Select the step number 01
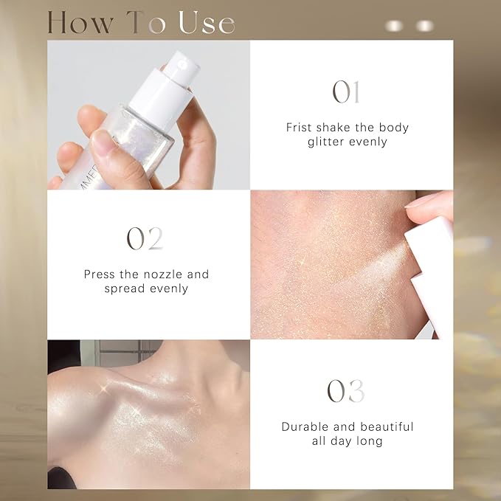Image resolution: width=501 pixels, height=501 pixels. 347,92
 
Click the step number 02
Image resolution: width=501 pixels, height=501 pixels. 145,238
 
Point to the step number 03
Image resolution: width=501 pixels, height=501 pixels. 347,391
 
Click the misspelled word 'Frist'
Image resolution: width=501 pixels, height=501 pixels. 300,128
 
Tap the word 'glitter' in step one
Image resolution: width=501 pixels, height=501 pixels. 327,141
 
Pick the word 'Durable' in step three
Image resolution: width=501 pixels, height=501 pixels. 304,426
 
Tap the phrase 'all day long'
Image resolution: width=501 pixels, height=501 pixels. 347,440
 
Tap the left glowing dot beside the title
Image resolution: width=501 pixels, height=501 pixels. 395,26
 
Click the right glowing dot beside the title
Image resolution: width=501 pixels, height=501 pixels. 425,26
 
